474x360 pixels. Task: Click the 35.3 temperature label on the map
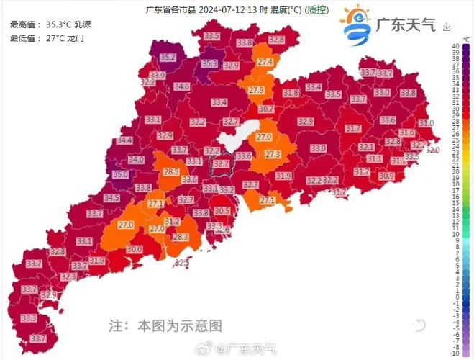pos(209,63)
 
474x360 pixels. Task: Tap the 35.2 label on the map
pos(168,57)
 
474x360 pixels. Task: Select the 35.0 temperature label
pos(119,174)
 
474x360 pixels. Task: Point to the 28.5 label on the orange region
pos(171,172)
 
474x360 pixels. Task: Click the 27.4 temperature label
pos(265,63)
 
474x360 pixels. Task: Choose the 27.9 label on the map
pos(256,91)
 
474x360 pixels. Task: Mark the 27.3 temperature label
pos(273,154)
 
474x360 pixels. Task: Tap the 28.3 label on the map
pos(180,237)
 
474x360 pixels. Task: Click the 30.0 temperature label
pos(135,249)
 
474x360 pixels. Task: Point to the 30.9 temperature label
pos(386,176)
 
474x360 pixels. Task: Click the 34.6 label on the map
pos(182,86)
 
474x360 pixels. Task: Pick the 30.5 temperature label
pos(222,210)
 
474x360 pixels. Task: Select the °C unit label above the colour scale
pos(447,40)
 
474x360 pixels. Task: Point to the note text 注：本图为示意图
pos(165,325)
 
